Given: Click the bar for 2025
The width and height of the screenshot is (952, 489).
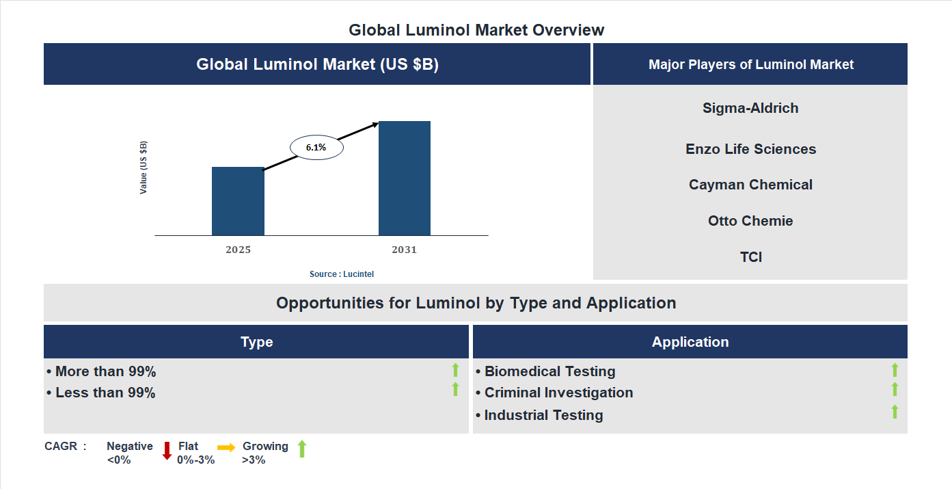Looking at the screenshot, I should click(238, 201).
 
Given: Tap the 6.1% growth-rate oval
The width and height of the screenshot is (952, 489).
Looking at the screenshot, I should click(316, 147).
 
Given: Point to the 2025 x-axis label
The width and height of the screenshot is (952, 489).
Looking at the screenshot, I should click(238, 250).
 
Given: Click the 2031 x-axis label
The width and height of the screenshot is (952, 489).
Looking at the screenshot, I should click(404, 250).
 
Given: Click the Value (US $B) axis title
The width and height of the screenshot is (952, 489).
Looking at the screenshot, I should click(144, 168).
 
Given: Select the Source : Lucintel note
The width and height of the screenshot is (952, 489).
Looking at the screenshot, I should click(342, 274).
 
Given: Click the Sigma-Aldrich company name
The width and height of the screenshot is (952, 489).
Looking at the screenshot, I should click(750, 108).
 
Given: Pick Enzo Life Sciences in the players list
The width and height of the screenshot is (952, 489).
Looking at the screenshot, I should click(750, 149).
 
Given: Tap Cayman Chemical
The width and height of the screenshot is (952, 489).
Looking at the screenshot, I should click(750, 185).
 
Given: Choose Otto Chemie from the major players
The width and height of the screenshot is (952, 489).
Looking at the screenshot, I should click(750, 221).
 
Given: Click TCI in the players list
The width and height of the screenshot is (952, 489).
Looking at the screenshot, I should click(750, 257).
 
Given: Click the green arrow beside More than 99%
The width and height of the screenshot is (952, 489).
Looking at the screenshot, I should click(455, 370).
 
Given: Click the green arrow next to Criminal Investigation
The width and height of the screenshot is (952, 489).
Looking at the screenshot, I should click(895, 389).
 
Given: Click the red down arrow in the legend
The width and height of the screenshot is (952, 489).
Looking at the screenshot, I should click(167, 451).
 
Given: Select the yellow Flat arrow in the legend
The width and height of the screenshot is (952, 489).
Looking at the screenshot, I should click(226, 447).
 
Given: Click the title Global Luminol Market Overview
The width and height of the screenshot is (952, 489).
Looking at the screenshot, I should click(476, 30).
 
